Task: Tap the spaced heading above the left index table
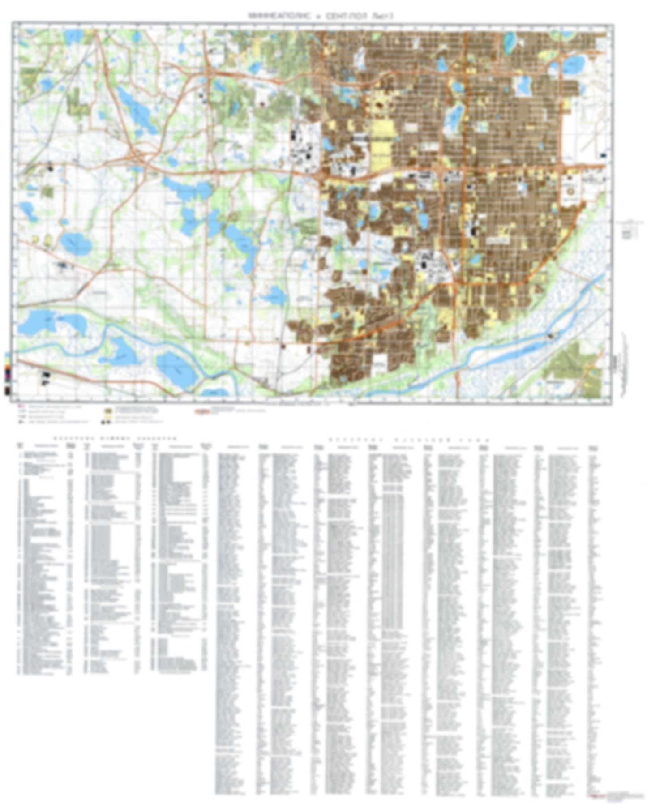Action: pos(115,439)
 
